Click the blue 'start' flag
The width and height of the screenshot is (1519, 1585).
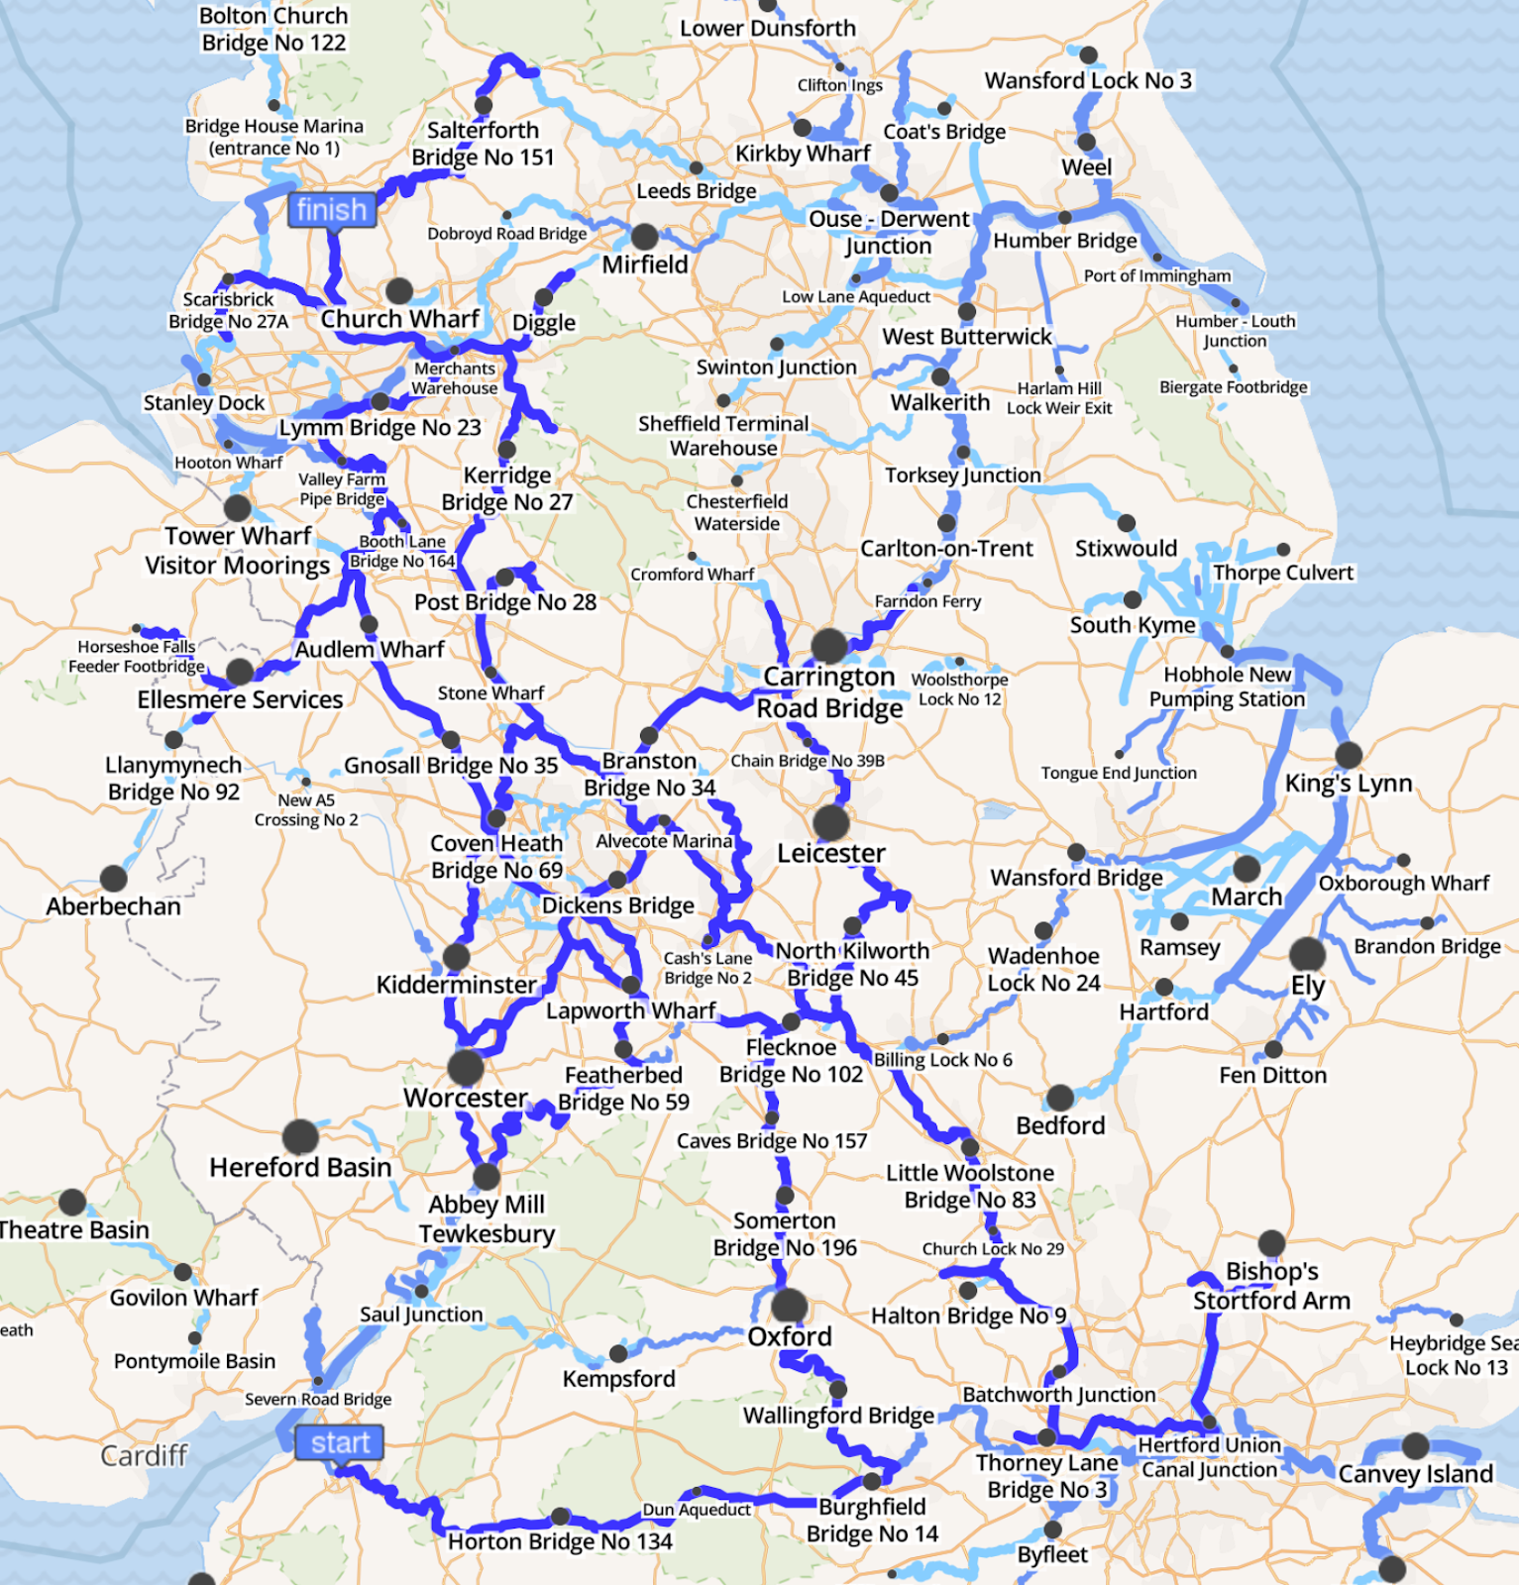[x=339, y=1442]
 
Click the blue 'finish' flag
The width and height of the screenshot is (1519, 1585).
[x=331, y=210]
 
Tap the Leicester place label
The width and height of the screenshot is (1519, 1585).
[x=830, y=853]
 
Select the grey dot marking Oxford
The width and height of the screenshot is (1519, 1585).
[x=790, y=1306]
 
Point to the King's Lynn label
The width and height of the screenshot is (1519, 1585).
[x=1348, y=784]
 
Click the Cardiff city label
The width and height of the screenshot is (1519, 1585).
[x=144, y=1455]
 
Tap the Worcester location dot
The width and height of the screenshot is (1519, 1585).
[x=465, y=1067]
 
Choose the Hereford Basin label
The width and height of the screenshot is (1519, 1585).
[x=300, y=1168]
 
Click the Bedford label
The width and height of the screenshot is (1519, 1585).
[x=1059, y=1125]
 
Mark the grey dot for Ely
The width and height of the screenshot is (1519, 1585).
[x=1307, y=954]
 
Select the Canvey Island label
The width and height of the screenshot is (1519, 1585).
[x=1415, y=1474]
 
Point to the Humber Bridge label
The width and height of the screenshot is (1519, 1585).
[x=1065, y=241]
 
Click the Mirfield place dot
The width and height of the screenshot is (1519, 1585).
[x=644, y=237]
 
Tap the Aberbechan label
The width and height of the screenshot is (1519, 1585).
[x=114, y=906]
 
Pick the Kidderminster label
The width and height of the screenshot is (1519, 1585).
[x=456, y=985]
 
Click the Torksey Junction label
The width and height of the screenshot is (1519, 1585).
[x=962, y=475]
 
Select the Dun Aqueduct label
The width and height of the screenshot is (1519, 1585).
[x=697, y=1510]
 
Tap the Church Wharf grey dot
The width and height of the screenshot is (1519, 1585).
[x=399, y=290]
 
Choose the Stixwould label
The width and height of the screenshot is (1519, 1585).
[x=1126, y=549]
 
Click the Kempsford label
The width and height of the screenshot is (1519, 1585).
[x=618, y=1379]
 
